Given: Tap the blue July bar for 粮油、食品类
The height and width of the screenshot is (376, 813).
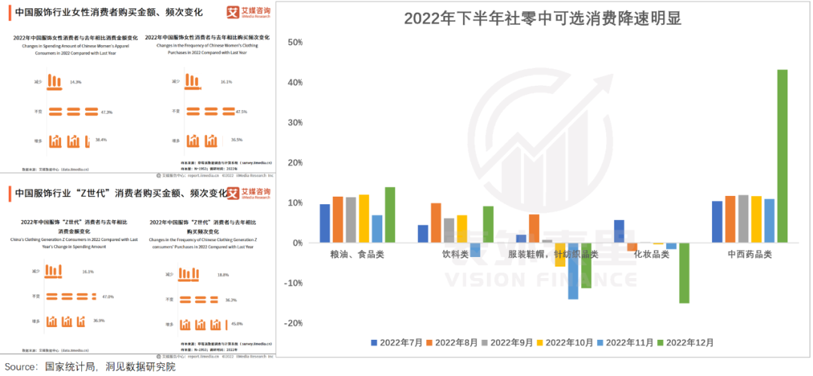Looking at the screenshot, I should coord(324,223).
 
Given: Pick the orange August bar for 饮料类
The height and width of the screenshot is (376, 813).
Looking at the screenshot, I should coord(436,223).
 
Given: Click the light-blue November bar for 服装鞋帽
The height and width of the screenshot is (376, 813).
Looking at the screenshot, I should coord(573,271).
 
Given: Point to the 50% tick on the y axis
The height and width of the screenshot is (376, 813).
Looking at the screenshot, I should coord(295,42).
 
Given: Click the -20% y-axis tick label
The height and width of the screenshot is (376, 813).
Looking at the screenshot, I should coord(293,323).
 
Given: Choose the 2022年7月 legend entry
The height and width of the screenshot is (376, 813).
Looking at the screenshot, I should coord(397,343).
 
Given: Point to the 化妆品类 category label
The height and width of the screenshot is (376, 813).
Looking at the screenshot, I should coord(650,255).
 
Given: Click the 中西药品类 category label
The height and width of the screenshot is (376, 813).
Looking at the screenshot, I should coord(749,255).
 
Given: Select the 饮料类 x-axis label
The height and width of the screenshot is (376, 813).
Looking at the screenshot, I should coord(455,255).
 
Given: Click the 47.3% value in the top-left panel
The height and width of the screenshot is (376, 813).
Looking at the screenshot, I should coord(106,112).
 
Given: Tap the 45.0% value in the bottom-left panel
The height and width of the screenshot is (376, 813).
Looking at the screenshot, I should coord(236,324).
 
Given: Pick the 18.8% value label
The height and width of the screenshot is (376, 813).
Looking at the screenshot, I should coord(222,275).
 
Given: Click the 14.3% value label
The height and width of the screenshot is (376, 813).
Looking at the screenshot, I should coord(76,81).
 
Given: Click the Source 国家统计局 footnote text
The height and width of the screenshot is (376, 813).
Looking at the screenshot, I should coord(90,367).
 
